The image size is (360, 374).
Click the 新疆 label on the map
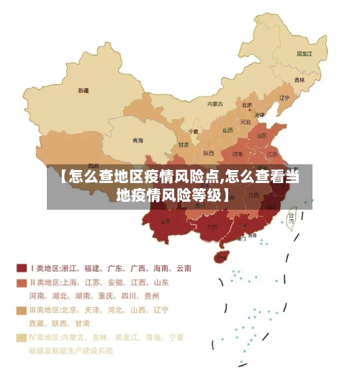[x=84, y=91]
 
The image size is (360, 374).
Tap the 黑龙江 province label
[x=305, y=53]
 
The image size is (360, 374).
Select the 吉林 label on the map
[x=299, y=79]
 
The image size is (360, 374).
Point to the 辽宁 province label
[x=284, y=98]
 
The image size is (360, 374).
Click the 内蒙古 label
[x=215, y=104]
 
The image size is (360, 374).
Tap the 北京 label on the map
[x=247, y=104]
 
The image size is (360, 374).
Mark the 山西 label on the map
[x=228, y=130]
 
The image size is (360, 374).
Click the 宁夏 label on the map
[x=193, y=132]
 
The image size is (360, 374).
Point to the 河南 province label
[x=238, y=153]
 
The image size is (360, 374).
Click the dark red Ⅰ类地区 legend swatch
[x=22, y=267]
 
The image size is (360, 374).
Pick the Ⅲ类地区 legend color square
[x=22, y=310]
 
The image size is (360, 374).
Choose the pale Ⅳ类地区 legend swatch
[x=22, y=337]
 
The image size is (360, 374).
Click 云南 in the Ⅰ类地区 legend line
[x=183, y=268]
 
